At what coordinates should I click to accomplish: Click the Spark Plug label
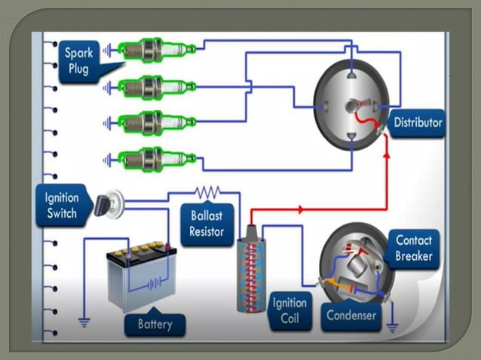click(79, 60)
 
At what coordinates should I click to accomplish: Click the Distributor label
click(418, 122)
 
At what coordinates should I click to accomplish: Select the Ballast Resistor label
click(207, 224)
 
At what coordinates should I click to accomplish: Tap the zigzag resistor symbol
click(207, 192)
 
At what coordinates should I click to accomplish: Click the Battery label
click(155, 325)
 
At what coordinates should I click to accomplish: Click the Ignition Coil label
click(289, 311)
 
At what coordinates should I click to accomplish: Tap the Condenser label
click(351, 316)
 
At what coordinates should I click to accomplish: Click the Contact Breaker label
click(415, 249)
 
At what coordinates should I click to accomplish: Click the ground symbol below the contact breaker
click(391, 328)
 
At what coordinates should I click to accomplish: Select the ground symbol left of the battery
click(84, 322)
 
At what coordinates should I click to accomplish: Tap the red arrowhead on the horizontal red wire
click(300, 209)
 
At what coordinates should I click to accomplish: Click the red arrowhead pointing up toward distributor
click(388, 156)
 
